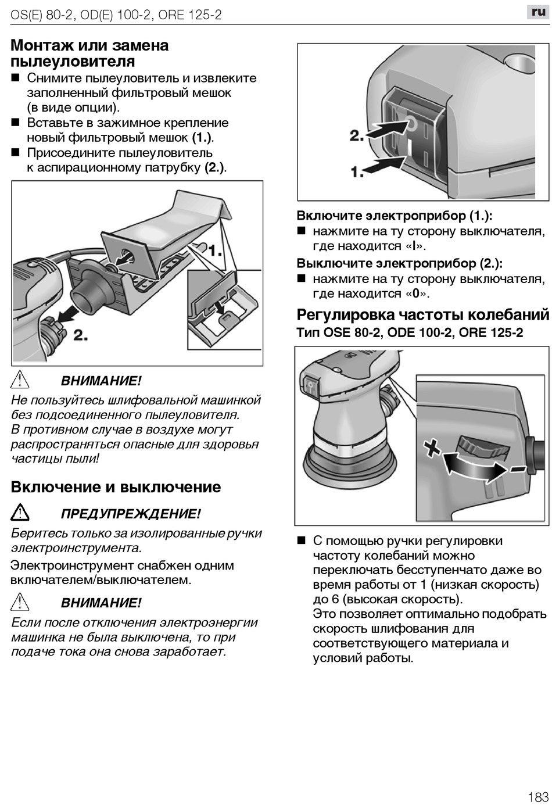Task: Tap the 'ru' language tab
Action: tap(538, 12)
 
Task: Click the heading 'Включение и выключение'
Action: tap(116, 487)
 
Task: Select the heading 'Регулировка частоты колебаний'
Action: tap(422, 315)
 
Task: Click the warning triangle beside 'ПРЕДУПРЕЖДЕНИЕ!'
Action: tap(20, 513)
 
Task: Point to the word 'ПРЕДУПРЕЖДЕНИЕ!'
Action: tap(131, 514)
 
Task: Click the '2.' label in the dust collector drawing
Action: tap(80, 335)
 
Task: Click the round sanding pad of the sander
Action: tap(348, 465)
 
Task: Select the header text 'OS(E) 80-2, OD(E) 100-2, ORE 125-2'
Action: tap(116, 15)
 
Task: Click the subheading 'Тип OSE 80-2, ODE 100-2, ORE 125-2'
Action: tap(410, 333)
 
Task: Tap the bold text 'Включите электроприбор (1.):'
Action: tap(395, 216)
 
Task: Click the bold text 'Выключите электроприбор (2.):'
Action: tap(400, 263)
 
